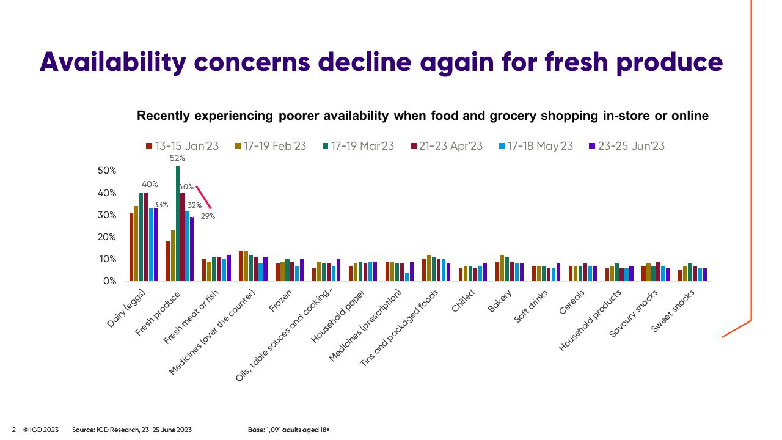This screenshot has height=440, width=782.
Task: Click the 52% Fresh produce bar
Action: pyautogui.click(x=178, y=224)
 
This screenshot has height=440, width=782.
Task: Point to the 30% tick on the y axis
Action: pyautogui.click(x=107, y=215)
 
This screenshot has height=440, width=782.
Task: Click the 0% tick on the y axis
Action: pyautogui.click(x=111, y=281)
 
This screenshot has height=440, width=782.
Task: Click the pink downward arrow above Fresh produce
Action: pyautogui.click(x=203, y=197)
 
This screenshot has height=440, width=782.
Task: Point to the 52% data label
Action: pyautogui.click(x=177, y=158)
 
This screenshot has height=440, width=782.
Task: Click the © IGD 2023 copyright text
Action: pyautogui.click(x=41, y=430)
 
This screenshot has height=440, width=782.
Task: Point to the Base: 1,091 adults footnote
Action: pyautogui.click(x=288, y=430)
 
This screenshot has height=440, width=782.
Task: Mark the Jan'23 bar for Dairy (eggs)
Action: pyautogui.click(x=131, y=247)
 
